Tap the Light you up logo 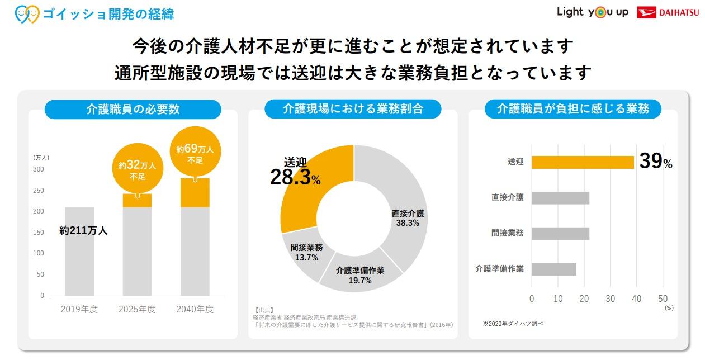tap(592, 12)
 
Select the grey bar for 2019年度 tap(79, 252)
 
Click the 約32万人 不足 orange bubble tap(137, 169)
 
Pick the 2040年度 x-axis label tap(195, 309)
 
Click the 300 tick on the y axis tap(39, 169)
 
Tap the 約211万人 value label tap(83, 230)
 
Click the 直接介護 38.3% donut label tap(408, 218)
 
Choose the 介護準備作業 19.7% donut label tap(360, 276)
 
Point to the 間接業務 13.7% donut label tap(306, 253)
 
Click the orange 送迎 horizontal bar tap(583, 162)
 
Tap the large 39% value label tap(655, 162)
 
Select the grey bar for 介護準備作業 tap(553, 269)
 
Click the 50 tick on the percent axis tap(663, 299)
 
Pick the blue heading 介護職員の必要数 tap(133, 109)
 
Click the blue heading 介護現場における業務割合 tap(353, 109)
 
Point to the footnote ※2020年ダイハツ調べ tap(513, 323)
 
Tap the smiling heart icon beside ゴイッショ tap(27, 13)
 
